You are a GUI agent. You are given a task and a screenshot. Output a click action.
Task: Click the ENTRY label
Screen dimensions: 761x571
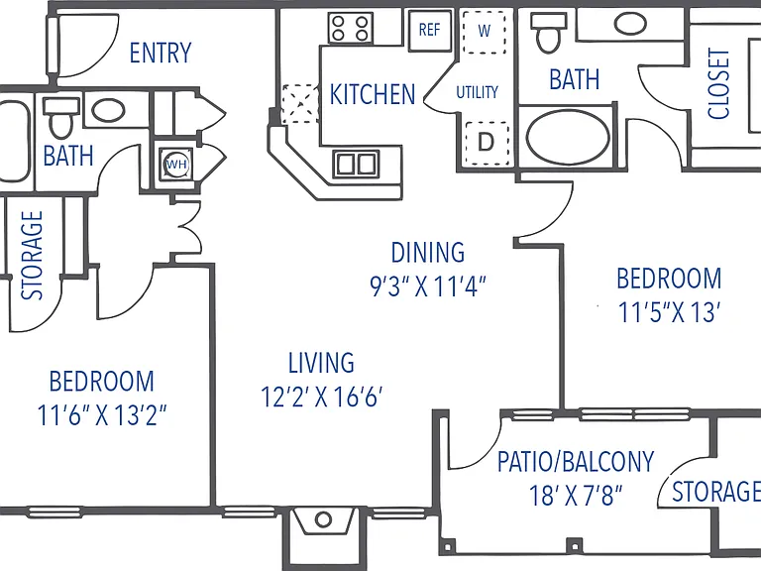(x=161, y=53)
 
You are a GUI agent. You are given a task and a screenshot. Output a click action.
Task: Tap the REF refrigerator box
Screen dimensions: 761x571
(x=429, y=30)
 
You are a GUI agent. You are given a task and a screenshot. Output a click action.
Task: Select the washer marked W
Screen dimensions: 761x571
(x=484, y=32)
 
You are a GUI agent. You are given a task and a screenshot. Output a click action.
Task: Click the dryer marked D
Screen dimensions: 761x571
(x=487, y=143)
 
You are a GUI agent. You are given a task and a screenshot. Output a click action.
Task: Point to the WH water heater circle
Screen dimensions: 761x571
(x=176, y=165)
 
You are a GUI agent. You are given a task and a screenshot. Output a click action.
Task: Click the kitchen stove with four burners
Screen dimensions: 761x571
(x=351, y=28)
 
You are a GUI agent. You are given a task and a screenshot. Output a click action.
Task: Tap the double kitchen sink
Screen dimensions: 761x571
(x=356, y=164)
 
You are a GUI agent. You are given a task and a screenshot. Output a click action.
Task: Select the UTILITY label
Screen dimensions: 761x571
(x=477, y=92)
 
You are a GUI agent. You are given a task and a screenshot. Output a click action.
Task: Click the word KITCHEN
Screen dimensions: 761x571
(x=373, y=94)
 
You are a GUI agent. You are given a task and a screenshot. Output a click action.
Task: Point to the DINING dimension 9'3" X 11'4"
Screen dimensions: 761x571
(x=428, y=285)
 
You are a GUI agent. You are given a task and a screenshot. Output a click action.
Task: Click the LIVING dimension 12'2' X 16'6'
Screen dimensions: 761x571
(x=321, y=397)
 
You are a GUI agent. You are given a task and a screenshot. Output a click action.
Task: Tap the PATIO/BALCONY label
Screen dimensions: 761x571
(x=576, y=462)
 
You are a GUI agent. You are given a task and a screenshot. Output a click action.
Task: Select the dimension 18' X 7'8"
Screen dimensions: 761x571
(x=576, y=496)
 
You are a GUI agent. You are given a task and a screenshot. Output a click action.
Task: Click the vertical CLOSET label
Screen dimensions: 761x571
(x=718, y=83)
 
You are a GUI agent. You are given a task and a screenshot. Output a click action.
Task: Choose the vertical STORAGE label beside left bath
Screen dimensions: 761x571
(x=32, y=256)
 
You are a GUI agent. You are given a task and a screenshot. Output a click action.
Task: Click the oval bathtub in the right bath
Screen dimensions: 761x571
(x=569, y=137)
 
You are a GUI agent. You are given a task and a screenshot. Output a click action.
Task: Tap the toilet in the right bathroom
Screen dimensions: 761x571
(x=548, y=33)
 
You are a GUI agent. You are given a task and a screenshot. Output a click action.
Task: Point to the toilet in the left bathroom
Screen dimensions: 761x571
(x=60, y=119)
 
